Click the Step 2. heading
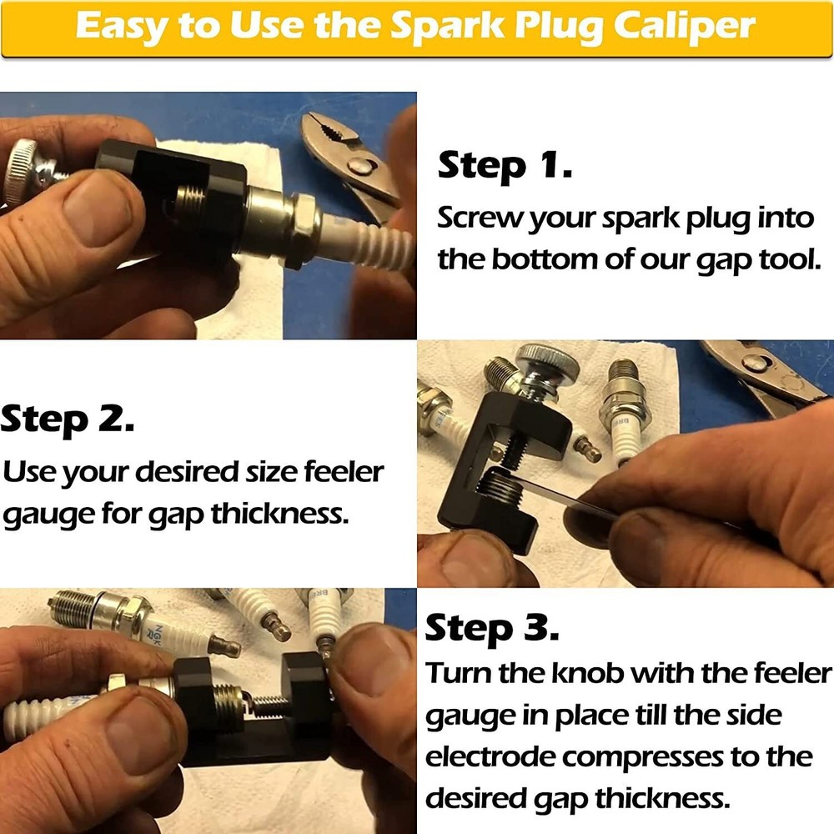68,420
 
